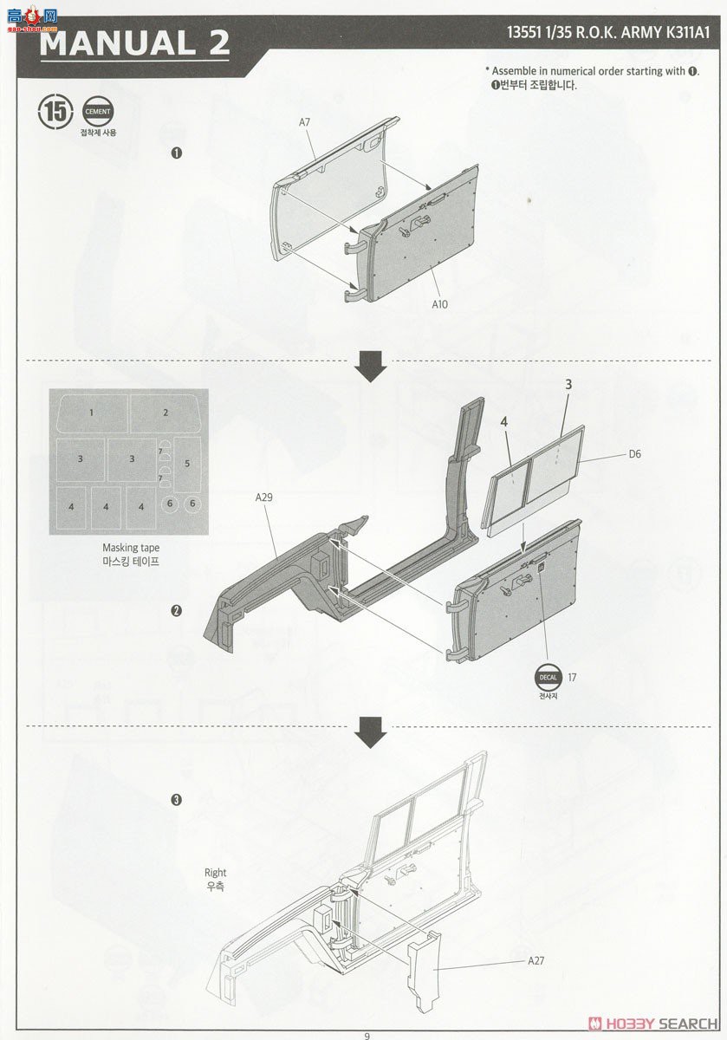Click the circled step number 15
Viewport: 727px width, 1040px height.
[x=55, y=112]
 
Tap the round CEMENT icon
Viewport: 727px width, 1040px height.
[x=98, y=112]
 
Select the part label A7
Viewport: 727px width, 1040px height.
[x=304, y=122]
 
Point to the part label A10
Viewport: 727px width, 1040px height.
[x=439, y=304]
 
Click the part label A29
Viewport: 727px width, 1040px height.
[x=263, y=497]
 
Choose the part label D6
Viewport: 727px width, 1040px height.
[x=634, y=454]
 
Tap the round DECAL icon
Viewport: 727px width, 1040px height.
[x=548, y=678]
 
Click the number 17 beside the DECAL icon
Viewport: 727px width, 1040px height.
[x=572, y=678]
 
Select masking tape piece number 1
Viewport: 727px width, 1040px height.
[x=92, y=413]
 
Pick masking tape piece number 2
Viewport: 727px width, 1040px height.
[x=166, y=413]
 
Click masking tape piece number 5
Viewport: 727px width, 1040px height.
[x=187, y=464]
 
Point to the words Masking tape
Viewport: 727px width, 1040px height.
[x=131, y=548]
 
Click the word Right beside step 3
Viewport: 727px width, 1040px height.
[x=216, y=873]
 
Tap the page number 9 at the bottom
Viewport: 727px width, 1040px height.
[x=367, y=1036]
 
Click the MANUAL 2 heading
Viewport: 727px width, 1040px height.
[x=134, y=43]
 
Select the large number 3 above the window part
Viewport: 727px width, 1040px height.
[x=568, y=385]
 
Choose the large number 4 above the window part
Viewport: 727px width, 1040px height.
[x=503, y=421]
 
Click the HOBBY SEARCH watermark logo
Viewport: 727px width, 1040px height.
[x=652, y=1024]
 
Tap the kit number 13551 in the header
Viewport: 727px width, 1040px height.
[x=523, y=33]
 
